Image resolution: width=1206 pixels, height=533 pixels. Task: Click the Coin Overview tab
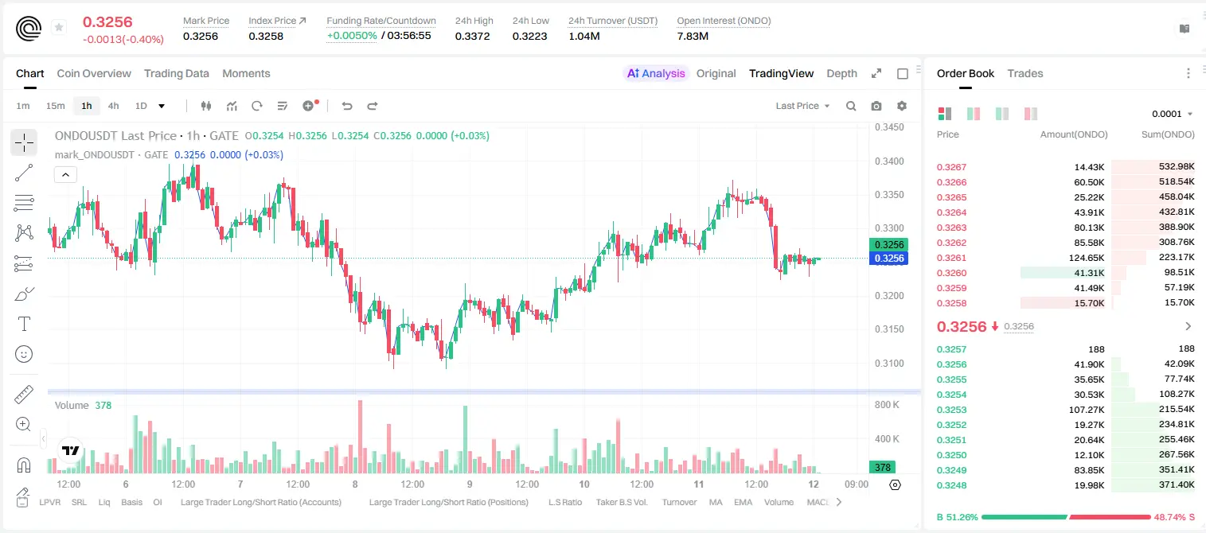pos(94,73)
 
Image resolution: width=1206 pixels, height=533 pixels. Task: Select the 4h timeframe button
pos(113,106)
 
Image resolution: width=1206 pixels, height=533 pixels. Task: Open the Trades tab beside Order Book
pos(1025,73)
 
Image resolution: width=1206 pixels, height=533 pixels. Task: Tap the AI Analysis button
pos(656,73)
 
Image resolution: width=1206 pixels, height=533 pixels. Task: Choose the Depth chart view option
pos(841,73)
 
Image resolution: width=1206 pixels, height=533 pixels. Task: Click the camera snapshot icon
pos(876,106)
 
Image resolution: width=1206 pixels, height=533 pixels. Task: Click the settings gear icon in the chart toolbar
pos(902,106)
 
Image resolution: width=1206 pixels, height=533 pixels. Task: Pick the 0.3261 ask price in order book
pos(951,258)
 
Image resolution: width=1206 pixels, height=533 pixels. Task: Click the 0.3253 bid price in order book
pos(951,410)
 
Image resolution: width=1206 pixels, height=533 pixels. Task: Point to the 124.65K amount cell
pos(1086,258)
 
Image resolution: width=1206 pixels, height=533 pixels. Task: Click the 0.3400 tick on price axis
pos(889,161)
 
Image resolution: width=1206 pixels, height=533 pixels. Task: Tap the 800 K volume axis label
pos(887,404)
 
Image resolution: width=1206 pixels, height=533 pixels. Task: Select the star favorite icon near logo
pos(59,27)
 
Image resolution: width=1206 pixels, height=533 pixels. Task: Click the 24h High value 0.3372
pos(472,36)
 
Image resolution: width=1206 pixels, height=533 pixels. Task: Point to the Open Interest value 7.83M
pos(693,36)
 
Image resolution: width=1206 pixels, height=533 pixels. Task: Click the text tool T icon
pos(24,324)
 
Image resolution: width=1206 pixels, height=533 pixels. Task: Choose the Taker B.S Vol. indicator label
pos(621,502)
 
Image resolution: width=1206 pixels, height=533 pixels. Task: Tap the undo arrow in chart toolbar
pos(347,106)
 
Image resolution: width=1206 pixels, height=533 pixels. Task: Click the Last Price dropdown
pos(802,106)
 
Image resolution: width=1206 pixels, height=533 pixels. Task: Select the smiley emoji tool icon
pos(24,354)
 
